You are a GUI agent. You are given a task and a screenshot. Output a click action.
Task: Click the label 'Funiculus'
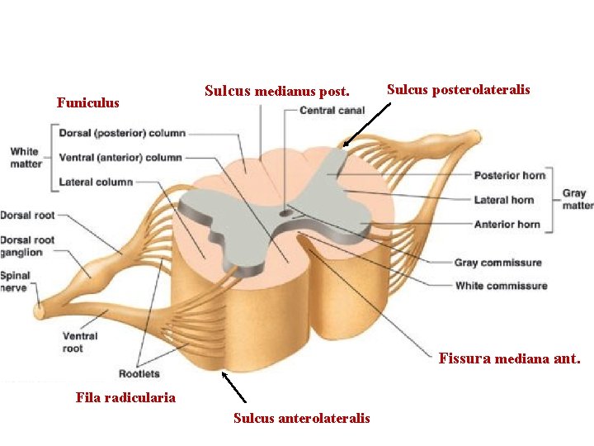[87, 103]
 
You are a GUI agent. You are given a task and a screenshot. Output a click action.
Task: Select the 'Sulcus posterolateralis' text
[458, 89]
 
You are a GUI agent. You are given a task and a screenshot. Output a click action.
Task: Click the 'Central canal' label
[332, 110]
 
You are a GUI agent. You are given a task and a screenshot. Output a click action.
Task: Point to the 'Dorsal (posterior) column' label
[122, 132]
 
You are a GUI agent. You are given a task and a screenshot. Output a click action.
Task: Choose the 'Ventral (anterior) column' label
[120, 157]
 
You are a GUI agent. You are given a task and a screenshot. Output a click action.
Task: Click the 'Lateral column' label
[96, 182]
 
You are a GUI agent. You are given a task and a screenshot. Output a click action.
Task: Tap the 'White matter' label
[24, 157]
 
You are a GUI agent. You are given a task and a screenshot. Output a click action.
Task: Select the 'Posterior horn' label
[509, 175]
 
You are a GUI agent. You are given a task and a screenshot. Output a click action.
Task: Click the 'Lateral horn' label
[503, 200]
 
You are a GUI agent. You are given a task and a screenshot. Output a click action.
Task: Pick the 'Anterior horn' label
[507, 224]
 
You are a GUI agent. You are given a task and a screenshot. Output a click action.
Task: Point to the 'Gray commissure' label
[497, 263]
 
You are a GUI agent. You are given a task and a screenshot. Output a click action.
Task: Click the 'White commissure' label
[501, 286]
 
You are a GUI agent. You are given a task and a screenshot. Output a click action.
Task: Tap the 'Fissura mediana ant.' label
[509, 359]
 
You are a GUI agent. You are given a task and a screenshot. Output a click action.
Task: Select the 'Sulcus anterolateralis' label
[301, 418]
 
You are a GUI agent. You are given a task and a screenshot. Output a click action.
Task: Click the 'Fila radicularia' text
[125, 397]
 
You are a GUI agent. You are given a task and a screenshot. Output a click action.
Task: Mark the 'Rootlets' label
[139, 374]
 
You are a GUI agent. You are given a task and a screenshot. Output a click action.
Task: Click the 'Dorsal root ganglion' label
[26, 246]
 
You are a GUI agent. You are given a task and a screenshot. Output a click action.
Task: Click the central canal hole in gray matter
[285, 213]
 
